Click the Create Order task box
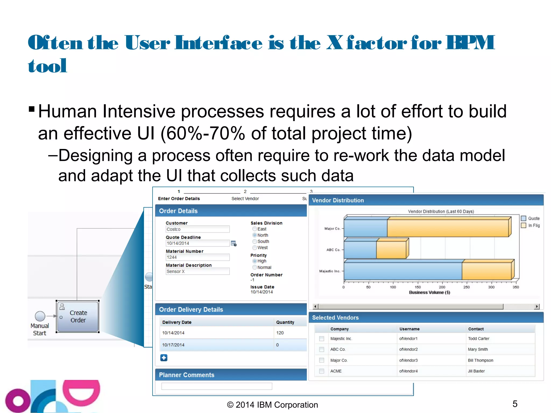point(78,316)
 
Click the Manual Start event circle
point(40,316)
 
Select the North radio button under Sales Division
point(255,235)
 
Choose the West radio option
point(255,248)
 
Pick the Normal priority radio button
point(255,267)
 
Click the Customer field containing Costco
point(197,229)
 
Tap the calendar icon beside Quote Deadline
point(234,243)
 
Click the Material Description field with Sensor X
point(197,271)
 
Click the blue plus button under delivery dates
point(164,358)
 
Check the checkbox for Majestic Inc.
point(322,339)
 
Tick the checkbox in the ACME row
point(322,371)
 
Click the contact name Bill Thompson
point(481,360)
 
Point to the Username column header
point(409,329)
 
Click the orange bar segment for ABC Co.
point(391,250)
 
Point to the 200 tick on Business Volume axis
point(442,287)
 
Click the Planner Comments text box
point(217,386)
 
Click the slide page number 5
point(515,404)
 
